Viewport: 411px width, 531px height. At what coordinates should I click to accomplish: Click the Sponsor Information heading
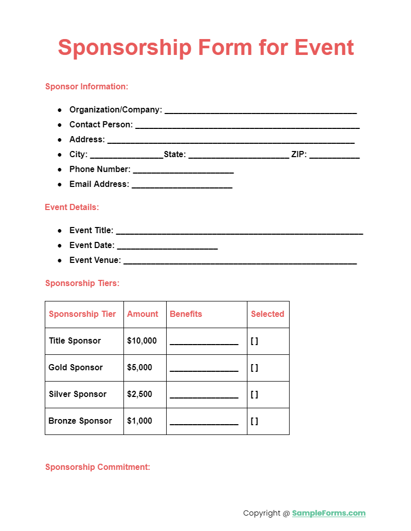86,86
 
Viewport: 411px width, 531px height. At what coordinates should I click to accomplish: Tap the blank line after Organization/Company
260,111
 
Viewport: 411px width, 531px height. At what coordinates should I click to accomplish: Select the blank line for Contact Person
247,126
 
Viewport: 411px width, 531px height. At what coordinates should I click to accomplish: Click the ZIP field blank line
334,156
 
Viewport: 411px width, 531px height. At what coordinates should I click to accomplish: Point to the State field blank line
239,156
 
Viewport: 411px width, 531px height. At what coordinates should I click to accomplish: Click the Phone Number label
100,169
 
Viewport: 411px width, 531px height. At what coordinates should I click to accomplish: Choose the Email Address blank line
182,185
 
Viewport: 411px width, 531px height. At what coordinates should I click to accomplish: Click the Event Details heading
72,207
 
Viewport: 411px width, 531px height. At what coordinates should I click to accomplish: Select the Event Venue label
95,260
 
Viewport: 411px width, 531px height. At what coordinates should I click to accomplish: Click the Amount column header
142,314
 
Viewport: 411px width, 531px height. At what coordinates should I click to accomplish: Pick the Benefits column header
186,314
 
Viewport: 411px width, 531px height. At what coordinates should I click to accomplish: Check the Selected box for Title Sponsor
254,341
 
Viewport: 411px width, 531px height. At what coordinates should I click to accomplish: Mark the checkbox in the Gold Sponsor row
254,368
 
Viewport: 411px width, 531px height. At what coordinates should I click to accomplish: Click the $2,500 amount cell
139,394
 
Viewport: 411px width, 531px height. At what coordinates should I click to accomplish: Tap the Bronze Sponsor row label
80,421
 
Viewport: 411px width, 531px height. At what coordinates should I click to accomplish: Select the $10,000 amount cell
141,340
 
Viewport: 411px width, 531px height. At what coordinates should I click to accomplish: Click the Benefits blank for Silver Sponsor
204,395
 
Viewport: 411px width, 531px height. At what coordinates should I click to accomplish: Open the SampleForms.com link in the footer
329,513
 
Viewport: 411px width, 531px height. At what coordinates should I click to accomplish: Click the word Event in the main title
324,47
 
